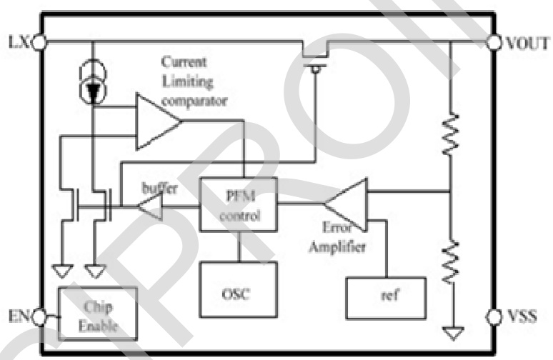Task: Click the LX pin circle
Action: point(41,42)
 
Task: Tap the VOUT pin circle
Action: point(492,42)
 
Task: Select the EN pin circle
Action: point(41,316)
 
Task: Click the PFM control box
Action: point(238,205)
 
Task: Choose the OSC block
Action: point(238,291)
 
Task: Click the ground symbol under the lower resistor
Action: point(451,332)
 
